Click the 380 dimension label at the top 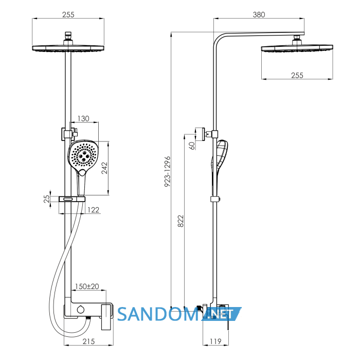[x=259, y=15]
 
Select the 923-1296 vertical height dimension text [x=168, y=171]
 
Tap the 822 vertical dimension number [x=181, y=221]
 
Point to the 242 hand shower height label [x=104, y=168]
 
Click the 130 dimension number [x=83, y=118]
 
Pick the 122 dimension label [x=94, y=210]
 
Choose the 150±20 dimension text [x=87, y=286]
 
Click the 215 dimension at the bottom [x=88, y=341]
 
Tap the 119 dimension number [x=215, y=341]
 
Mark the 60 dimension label [x=191, y=146]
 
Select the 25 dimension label [x=47, y=199]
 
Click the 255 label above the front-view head [x=68, y=15]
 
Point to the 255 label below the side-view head [x=297, y=75]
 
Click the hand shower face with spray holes [x=83, y=155]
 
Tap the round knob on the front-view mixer [x=81, y=309]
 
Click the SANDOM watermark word [x=157, y=314]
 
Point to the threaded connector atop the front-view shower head [x=68, y=37]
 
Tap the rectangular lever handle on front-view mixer [x=107, y=317]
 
